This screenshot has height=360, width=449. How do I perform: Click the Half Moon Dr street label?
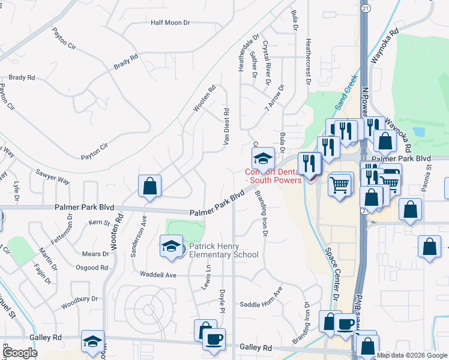pos(170,23)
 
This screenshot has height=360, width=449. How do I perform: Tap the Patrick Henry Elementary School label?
pos(224,250)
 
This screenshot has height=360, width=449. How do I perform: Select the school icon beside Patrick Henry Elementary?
pos(171,245)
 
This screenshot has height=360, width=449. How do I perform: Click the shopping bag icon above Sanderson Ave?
pos(149,186)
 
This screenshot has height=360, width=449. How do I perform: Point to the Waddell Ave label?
pos(158,275)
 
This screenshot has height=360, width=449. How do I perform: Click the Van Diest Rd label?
pos(227,126)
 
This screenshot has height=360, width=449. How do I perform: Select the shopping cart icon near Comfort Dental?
pos(340,184)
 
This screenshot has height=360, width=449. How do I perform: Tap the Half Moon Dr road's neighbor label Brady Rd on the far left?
pos(22,77)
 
